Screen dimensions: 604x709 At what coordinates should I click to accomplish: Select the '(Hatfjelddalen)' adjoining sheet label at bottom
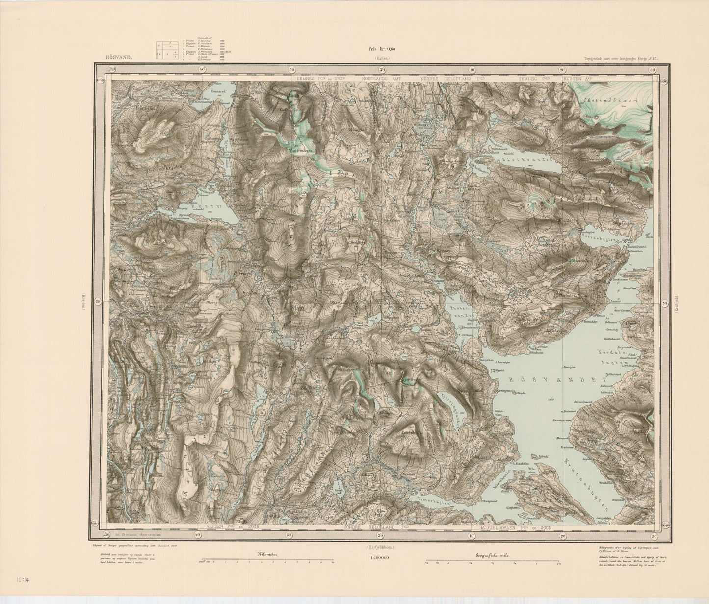(381, 547)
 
